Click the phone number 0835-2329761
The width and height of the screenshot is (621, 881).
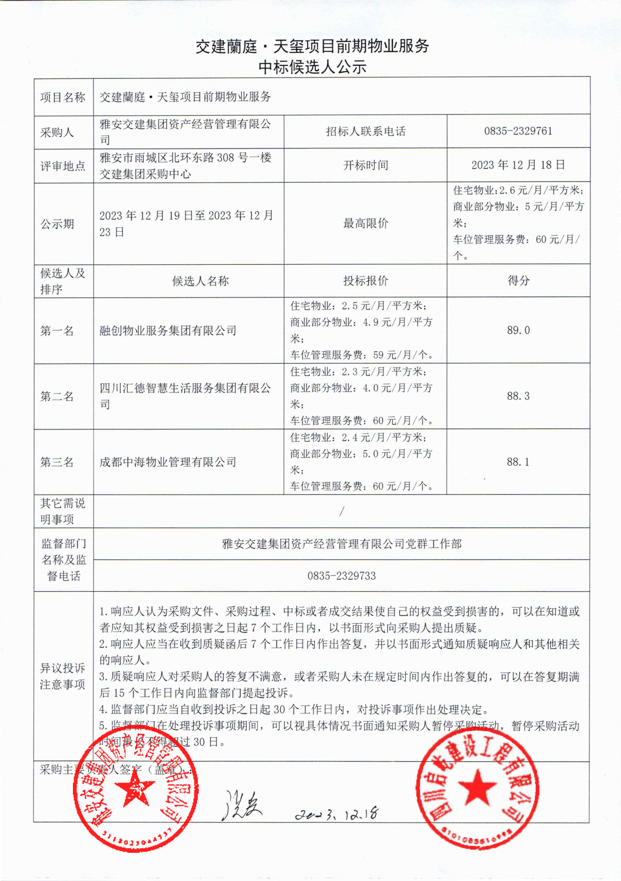(518, 131)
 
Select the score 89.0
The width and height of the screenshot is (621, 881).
(518, 330)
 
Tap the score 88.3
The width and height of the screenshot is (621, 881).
(518, 396)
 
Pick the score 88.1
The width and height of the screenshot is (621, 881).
(518, 462)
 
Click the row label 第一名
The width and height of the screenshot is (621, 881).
(57, 331)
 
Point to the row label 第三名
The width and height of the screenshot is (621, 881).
(57, 462)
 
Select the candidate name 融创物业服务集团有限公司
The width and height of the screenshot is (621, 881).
(168, 331)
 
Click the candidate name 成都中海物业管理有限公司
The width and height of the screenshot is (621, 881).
(168, 462)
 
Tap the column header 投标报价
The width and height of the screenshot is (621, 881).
(365, 281)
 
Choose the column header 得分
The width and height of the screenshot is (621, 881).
(518, 281)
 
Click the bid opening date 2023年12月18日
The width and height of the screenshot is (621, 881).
(518, 165)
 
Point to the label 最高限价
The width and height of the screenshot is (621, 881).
(365, 223)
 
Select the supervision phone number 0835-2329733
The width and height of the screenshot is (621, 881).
(341, 576)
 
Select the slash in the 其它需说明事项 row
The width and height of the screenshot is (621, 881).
(342, 511)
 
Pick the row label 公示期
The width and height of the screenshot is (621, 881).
(57, 224)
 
